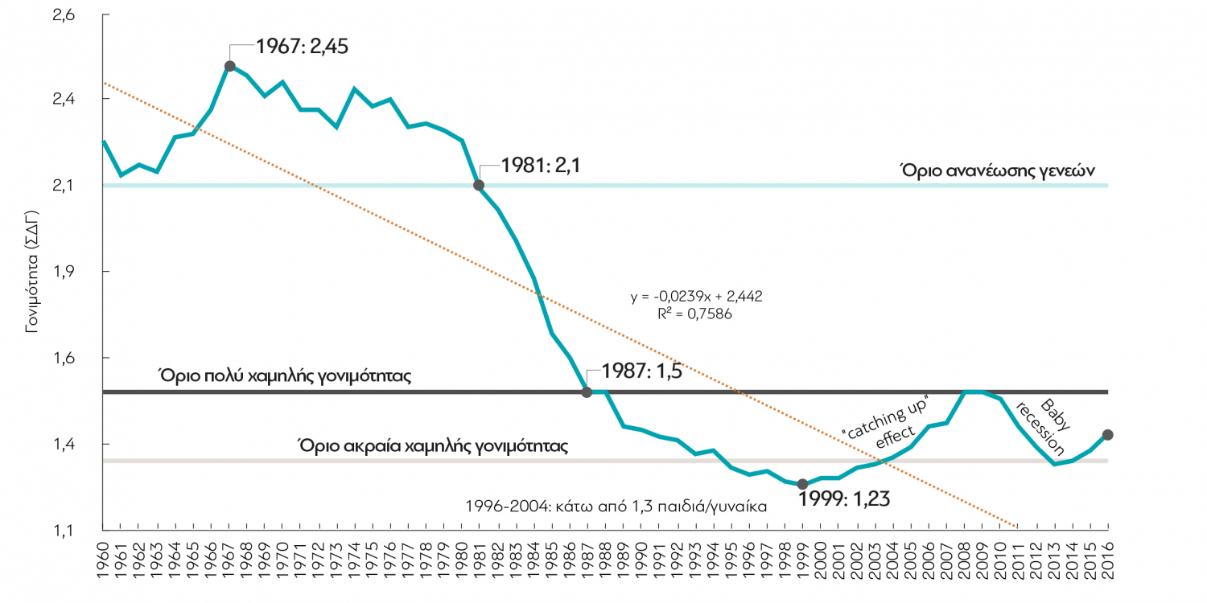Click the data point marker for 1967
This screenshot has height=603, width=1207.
click(229, 66)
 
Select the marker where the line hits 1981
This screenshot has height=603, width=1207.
click(479, 185)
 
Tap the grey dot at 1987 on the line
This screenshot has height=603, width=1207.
click(587, 392)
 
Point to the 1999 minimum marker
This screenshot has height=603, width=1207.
click(802, 484)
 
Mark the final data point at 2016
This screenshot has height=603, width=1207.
click(1107, 434)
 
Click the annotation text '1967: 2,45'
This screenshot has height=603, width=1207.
click(303, 46)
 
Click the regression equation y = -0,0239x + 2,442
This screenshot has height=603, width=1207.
click(696, 297)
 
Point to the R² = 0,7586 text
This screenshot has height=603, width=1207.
click(694, 314)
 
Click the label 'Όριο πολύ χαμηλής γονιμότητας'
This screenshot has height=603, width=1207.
click(285, 375)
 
